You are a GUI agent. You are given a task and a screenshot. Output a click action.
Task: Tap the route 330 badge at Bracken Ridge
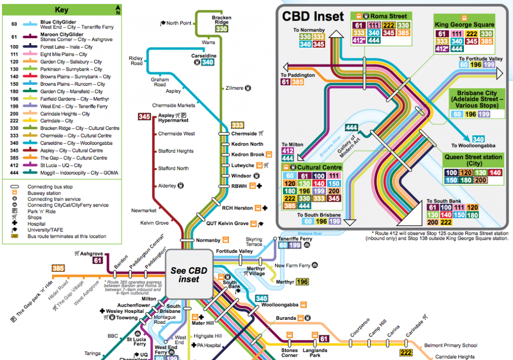[x=221, y=29]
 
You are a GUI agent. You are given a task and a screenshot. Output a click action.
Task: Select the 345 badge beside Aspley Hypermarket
[x=144, y=117]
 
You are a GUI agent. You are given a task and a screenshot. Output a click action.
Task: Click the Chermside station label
[x=244, y=134]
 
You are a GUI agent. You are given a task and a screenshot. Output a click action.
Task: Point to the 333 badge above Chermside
[x=237, y=124]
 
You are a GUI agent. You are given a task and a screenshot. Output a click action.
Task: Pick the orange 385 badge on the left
[x=59, y=269]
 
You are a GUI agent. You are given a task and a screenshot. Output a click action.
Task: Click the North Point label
[x=179, y=23]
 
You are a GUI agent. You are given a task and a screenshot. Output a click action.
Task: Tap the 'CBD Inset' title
[x=313, y=16]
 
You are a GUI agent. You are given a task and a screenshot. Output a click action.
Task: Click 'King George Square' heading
[x=464, y=25]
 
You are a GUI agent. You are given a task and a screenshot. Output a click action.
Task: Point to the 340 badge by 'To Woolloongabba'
[x=478, y=138]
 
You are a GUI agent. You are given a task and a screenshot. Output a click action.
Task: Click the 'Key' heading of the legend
[x=61, y=10]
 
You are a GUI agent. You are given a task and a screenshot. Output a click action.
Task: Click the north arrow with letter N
[x=117, y=9]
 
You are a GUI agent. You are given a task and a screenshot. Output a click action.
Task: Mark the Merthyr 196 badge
[x=302, y=282]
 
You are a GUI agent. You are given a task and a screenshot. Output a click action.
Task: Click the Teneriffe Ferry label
[x=295, y=239]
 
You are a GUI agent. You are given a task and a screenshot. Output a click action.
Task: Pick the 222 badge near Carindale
[x=406, y=352]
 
